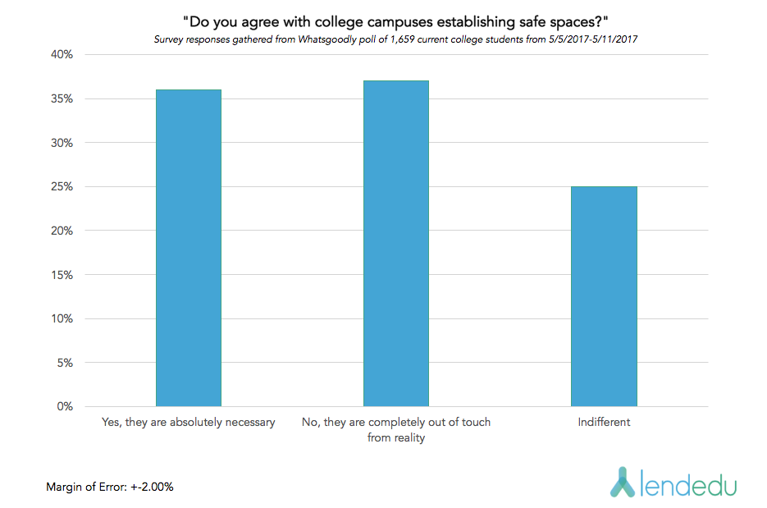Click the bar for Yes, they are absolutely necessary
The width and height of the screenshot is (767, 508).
(188, 248)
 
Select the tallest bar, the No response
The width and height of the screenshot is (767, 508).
(396, 244)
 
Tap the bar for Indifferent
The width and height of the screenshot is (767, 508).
(604, 296)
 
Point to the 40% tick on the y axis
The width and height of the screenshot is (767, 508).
(62, 55)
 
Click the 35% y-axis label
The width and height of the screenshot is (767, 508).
(62, 99)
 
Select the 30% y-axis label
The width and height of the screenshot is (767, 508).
(62, 143)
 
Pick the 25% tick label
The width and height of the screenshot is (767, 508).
(62, 187)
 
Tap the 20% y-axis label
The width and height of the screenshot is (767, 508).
(62, 231)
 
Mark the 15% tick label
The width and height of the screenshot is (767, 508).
(62, 275)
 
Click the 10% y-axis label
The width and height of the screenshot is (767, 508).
(62, 318)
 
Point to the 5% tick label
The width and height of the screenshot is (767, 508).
(65, 363)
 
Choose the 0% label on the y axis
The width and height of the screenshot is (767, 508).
(65, 406)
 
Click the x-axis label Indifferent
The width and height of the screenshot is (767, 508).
(604, 423)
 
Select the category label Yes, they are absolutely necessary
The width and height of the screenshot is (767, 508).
(188, 423)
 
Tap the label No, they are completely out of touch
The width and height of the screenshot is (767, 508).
(396, 423)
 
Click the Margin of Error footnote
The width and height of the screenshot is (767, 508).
(109, 487)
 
